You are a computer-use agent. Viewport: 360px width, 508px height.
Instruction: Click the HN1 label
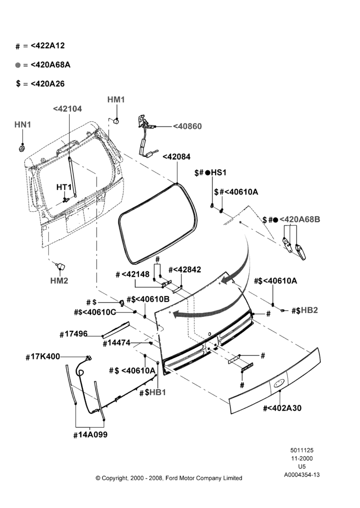click(23, 124)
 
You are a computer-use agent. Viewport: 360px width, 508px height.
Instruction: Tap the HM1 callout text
click(116, 100)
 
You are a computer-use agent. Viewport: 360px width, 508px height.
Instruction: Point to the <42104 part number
click(68, 109)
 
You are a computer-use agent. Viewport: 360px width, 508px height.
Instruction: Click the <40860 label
click(187, 126)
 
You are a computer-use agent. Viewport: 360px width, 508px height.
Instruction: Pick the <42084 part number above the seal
click(176, 156)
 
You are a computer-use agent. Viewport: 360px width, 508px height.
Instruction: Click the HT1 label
click(64, 187)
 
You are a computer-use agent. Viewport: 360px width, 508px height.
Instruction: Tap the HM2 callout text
click(59, 280)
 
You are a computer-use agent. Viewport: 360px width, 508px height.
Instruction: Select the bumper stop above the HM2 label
click(61, 266)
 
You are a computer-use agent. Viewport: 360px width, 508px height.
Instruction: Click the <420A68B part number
click(300, 219)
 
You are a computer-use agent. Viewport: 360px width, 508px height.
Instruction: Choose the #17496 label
click(74, 334)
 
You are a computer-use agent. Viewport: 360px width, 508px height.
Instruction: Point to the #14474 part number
click(116, 343)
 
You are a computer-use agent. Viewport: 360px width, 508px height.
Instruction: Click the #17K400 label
click(43, 357)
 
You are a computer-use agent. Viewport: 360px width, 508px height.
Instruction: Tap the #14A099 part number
click(91, 435)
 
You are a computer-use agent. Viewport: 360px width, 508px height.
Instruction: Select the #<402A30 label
click(282, 408)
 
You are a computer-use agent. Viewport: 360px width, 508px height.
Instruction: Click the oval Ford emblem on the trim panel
click(279, 384)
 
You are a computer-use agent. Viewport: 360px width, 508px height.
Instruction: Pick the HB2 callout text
click(309, 310)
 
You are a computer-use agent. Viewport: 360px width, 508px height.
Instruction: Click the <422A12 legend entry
click(48, 46)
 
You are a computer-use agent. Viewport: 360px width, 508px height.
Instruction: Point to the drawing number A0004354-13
click(302, 475)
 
